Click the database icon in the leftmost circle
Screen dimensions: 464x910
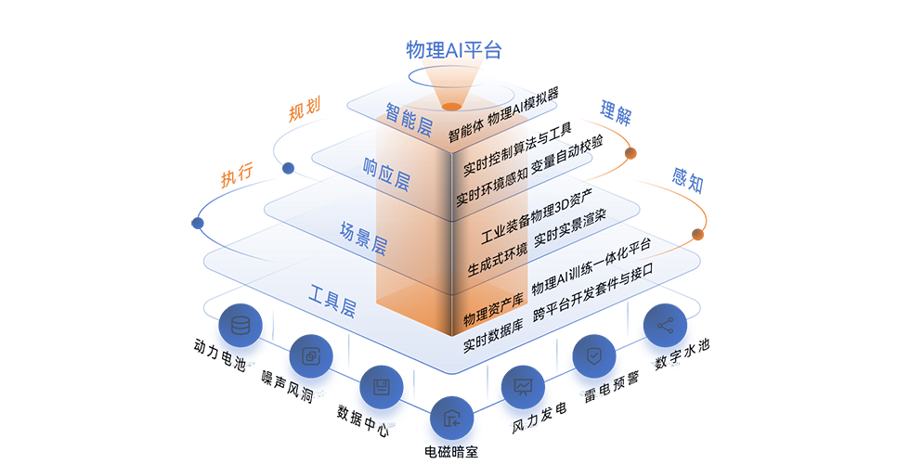coord(240,327)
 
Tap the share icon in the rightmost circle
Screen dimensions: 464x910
coord(665,326)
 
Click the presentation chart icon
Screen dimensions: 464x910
coord(523,386)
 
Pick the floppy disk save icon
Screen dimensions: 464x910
coord(381,386)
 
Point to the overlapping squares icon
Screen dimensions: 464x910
coord(310,355)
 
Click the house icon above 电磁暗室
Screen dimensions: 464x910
coord(451,417)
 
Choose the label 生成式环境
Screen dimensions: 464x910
coord(497,259)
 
